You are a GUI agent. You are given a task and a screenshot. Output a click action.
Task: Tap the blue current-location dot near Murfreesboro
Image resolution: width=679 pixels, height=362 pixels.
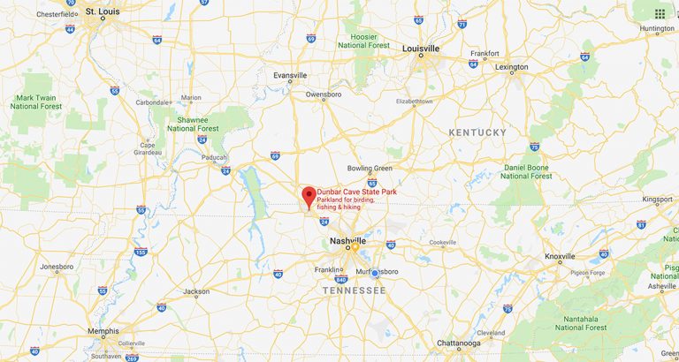point(374,273)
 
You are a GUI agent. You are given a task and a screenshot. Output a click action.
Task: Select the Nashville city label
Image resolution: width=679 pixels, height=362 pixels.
point(347,240)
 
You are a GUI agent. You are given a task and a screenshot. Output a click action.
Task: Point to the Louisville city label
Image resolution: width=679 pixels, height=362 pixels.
point(421,49)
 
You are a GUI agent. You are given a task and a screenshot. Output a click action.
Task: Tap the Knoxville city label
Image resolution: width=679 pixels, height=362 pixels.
point(560,256)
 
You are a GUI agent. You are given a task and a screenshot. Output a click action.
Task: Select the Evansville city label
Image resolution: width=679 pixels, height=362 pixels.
point(291,75)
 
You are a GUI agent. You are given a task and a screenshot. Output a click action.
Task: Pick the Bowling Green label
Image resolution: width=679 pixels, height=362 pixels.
point(370,168)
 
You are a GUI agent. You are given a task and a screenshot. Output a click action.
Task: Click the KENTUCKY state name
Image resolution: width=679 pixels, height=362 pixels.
point(477,132)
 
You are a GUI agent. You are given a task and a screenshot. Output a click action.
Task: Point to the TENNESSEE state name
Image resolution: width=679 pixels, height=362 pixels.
point(354,290)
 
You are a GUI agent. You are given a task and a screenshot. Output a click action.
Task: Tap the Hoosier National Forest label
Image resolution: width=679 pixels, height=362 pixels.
point(364,40)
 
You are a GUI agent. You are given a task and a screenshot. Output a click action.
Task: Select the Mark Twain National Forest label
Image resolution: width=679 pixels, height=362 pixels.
point(35,102)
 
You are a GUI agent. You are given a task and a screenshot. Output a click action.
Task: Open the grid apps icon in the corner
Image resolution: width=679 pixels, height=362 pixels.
point(660,13)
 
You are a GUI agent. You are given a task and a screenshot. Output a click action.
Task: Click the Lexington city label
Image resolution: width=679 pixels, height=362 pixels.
point(511,67)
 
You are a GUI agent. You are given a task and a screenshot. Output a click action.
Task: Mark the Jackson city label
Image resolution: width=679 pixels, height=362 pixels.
point(196,291)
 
